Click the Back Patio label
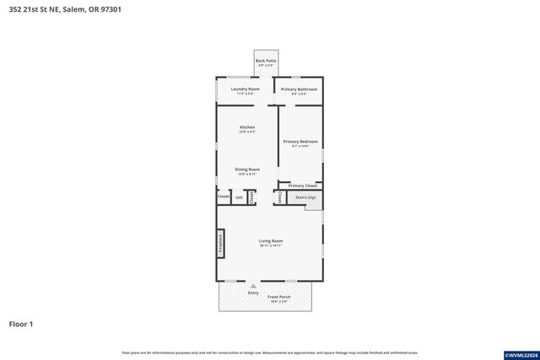pyautogui.click(x=267, y=62)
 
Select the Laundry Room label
pyautogui.click(x=245, y=89)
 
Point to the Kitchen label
pyautogui.click(x=247, y=127)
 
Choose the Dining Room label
pyautogui.click(x=247, y=169)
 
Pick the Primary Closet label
pyautogui.click(x=302, y=185)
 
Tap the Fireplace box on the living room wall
pyautogui.click(x=221, y=243)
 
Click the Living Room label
pyautogui.click(x=270, y=241)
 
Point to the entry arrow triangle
pyautogui.click(x=252, y=286)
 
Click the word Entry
pyautogui.click(x=253, y=293)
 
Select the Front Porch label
pyautogui.click(x=279, y=298)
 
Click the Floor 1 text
pyautogui.click(x=21, y=324)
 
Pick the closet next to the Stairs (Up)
pyautogui.click(x=280, y=197)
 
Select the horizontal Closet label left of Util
pyautogui.click(x=224, y=196)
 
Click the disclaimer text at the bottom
pyautogui.click(x=269, y=352)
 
